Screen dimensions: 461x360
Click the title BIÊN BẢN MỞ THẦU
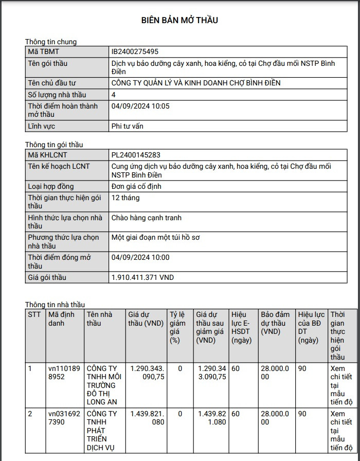(179, 21)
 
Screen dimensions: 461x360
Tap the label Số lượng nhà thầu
(57, 95)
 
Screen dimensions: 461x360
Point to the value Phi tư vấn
(127, 126)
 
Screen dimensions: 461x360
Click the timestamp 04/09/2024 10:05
(140, 106)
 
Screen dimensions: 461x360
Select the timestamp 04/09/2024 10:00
(140, 257)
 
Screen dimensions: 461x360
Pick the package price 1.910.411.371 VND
(142, 277)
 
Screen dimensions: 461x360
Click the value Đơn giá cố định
(136, 186)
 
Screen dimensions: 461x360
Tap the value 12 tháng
(125, 198)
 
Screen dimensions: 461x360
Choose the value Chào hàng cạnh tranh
(147, 218)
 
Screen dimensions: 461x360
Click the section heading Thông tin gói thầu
(54, 145)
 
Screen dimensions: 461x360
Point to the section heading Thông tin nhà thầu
(55, 305)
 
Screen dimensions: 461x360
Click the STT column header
(34, 314)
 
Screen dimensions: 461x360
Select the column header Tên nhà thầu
(99, 318)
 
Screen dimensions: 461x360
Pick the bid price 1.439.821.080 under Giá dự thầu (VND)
(147, 418)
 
